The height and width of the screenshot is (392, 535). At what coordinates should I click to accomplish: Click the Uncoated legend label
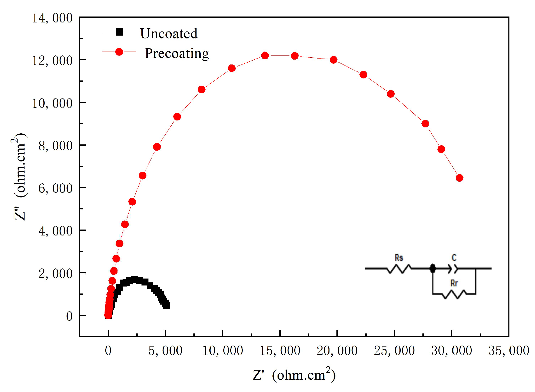click(x=169, y=34)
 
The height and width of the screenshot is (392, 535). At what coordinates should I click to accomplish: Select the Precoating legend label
click(x=177, y=53)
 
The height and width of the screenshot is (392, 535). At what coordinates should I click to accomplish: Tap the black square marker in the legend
click(x=119, y=32)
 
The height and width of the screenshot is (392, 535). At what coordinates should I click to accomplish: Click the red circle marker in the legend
click(x=119, y=52)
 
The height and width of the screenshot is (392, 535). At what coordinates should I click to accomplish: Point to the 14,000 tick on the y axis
click(x=52, y=18)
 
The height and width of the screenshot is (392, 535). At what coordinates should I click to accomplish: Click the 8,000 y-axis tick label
click(x=55, y=146)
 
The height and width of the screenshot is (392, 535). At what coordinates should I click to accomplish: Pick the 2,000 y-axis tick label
click(x=55, y=273)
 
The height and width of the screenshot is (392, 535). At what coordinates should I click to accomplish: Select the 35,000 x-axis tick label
click(x=509, y=350)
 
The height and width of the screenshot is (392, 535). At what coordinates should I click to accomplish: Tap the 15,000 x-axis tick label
click(x=280, y=350)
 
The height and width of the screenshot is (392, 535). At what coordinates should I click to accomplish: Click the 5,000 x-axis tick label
click(x=165, y=350)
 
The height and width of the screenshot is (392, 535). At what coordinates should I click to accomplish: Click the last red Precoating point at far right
click(x=459, y=178)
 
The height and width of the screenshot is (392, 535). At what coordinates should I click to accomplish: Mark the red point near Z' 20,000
click(x=333, y=60)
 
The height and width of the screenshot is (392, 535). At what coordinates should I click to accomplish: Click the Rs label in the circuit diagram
click(x=399, y=258)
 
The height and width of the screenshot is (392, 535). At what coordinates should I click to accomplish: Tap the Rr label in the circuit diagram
click(x=454, y=283)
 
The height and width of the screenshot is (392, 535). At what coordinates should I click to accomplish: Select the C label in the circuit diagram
click(x=454, y=258)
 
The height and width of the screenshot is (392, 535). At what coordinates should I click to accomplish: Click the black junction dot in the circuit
click(x=433, y=268)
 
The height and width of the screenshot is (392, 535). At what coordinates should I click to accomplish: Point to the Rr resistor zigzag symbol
click(x=454, y=294)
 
